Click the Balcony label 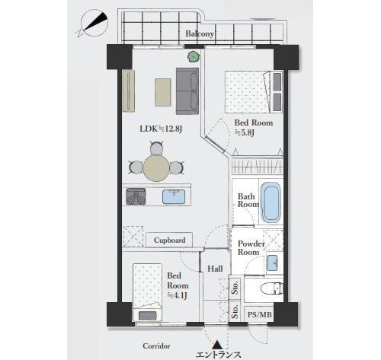(x=200, y=33)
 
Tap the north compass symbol (x=94, y=23)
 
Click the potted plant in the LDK (x=194, y=56)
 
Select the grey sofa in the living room (x=187, y=91)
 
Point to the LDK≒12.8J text (x=161, y=129)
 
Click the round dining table (x=156, y=168)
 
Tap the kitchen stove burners (x=136, y=196)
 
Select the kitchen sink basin (x=174, y=196)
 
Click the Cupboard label (x=170, y=240)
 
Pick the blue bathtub (x=271, y=202)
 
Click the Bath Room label (x=248, y=200)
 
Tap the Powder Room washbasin (x=273, y=263)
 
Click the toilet (x=272, y=288)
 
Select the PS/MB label (x=260, y=315)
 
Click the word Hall (x=215, y=269)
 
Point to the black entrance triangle (x=217, y=345)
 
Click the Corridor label (x=156, y=346)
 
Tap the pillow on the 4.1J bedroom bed (x=148, y=316)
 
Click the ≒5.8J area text (x=244, y=132)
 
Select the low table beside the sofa (x=163, y=92)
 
